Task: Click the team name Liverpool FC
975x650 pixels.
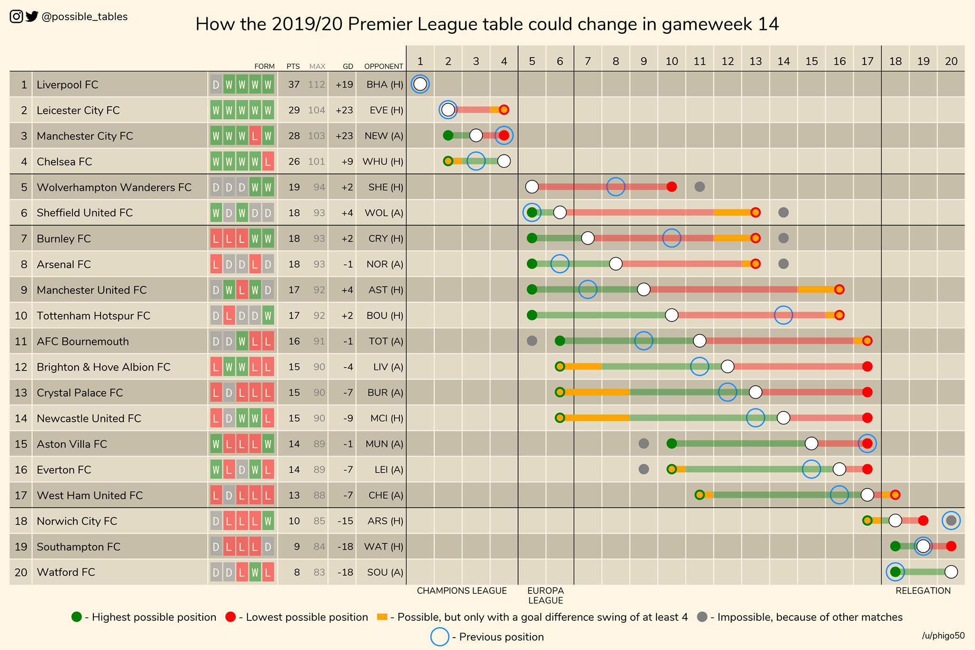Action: pyautogui.click(x=67, y=85)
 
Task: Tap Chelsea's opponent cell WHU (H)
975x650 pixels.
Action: pyautogui.click(x=383, y=162)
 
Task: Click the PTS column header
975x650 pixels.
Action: pyautogui.click(x=293, y=67)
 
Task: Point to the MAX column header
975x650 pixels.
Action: pyautogui.click(x=317, y=67)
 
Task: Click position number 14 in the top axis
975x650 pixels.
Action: pyautogui.click(x=784, y=61)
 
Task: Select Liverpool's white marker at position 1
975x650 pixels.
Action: pyautogui.click(x=420, y=84)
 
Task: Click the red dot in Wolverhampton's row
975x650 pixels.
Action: pyautogui.click(x=671, y=187)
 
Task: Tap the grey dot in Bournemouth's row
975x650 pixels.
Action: pyautogui.click(x=532, y=341)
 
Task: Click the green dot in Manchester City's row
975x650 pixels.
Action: pyautogui.click(x=448, y=136)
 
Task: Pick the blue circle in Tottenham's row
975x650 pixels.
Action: pyautogui.click(x=784, y=315)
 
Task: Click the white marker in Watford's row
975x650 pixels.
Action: pyautogui.click(x=951, y=572)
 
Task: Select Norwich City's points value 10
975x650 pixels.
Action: pyautogui.click(x=294, y=521)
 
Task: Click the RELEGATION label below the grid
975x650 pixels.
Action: pyautogui.click(x=923, y=591)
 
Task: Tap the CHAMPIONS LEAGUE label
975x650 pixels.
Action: pyautogui.click(x=462, y=591)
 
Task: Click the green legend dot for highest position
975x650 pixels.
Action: pyautogui.click(x=77, y=617)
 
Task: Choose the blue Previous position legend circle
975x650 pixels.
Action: pyautogui.click(x=439, y=637)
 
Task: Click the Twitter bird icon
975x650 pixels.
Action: pyautogui.click(x=32, y=17)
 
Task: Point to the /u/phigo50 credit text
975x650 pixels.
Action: pyautogui.click(x=943, y=636)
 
